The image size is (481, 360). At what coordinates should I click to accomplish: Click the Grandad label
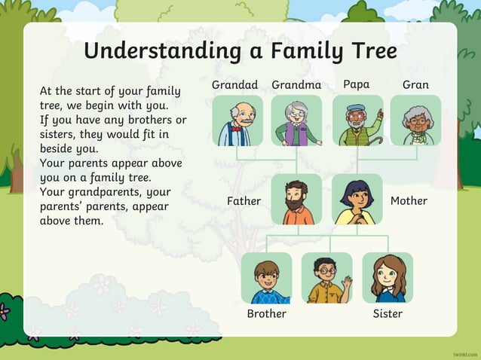234,85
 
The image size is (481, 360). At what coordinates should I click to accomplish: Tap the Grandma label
296,85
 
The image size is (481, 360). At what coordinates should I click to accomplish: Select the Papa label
356,84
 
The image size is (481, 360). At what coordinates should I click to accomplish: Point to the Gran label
415,85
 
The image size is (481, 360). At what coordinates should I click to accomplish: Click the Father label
244,201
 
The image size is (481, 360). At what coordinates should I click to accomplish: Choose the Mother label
409,201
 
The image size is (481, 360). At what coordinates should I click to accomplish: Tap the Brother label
266,313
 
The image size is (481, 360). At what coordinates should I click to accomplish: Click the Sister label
388,313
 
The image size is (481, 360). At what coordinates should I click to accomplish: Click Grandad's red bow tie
237,128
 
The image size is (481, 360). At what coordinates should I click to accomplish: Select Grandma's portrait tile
296,121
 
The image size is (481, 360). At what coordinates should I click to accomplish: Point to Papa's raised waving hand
379,115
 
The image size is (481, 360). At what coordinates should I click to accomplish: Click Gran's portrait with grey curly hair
415,121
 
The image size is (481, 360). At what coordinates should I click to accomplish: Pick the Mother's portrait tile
357,200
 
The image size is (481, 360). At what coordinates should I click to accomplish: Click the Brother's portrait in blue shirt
266,278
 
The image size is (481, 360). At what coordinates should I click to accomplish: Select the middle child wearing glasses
326,278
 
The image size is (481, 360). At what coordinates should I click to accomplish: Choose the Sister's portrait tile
388,278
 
